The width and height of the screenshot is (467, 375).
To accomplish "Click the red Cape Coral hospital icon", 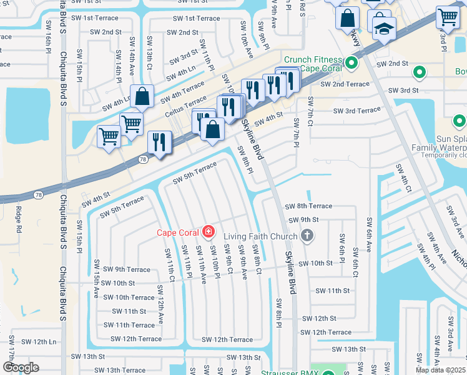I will pyautogui.click(x=208, y=233).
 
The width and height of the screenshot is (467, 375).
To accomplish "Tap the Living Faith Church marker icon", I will pyautogui.click(x=306, y=235).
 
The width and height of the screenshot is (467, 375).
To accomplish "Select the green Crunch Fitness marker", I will pyautogui.click(x=351, y=62).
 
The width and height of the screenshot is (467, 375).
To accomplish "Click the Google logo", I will pyautogui.click(x=21, y=367).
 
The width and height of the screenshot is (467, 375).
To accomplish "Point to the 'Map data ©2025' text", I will pyautogui.click(x=441, y=370).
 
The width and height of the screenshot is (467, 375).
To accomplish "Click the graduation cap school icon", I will pyautogui.click(x=383, y=28).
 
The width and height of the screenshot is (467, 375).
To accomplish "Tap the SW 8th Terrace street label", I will pyautogui.click(x=309, y=206).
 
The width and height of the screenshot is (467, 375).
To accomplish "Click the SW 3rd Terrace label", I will pyautogui.click(x=356, y=111).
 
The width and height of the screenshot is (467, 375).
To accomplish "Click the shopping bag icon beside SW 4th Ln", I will pyautogui.click(x=142, y=97).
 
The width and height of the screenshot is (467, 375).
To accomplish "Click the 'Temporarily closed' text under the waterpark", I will pyautogui.click(x=443, y=154).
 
